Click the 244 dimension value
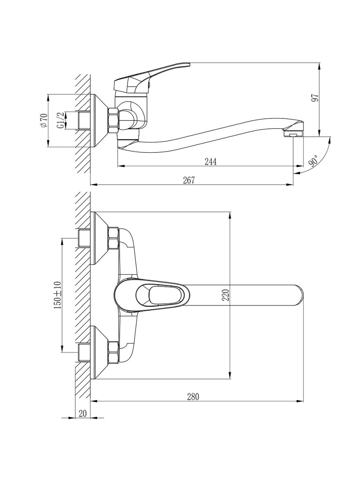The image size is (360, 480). (210, 162)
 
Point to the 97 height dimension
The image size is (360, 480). (315, 97)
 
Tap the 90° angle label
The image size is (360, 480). (313, 161)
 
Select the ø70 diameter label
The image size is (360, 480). (44, 121)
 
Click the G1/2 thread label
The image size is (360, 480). (60, 120)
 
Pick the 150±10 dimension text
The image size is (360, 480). (57, 295)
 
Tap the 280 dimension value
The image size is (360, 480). (192, 397)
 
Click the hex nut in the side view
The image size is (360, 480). (114, 120)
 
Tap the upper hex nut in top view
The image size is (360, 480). (113, 239)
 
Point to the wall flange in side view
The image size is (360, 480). (98, 120)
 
